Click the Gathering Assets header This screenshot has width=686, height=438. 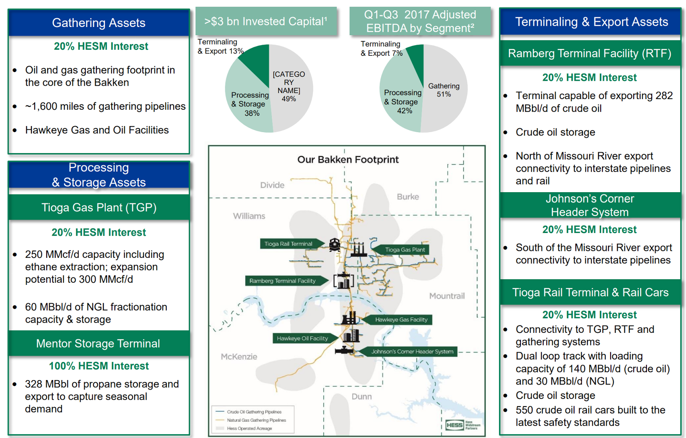pyautogui.click(x=99, y=23)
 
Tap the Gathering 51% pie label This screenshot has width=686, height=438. pyautogui.click(x=444, y=90)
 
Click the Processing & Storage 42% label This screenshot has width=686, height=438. pyautogui.click(x=403, y=102)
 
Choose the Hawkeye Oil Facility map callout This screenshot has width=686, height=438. pyautogui.click(x=302, y=338)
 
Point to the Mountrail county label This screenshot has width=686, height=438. pyautogui.click(x=447, y=296)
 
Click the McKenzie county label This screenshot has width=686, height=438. pyautogui.click(x=239, y=357)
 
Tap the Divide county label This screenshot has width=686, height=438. pyautogui.click(x=272, y=185)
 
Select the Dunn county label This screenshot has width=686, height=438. pyautogui.click(x=361, y=397)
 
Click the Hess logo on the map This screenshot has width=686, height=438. pyautogui.click(x=454, y=425)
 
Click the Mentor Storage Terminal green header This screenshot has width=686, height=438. pyautogui.click(x=98, y=344)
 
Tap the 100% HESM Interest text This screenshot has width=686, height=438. pyautogui.click(x=99, y=366)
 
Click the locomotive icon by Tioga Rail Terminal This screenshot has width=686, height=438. pyautogui.click(x=334, y=245)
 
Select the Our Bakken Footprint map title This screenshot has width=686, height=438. pyautogui.click(x=348, y=160)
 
